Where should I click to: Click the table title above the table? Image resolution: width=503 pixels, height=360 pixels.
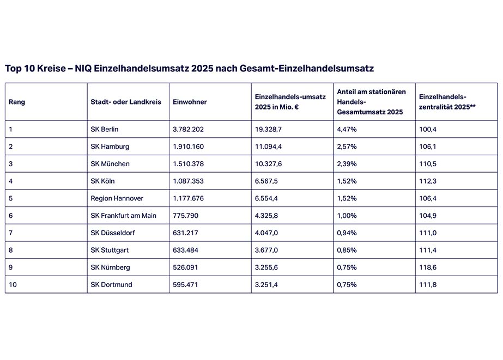point(189,69)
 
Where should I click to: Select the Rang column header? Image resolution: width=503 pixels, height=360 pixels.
point(17,102)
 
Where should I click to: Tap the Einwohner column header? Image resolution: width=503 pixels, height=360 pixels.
point(190,102)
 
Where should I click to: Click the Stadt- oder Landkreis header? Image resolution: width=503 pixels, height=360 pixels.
point(126,102)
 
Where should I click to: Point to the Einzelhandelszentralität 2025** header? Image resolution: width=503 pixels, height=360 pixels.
point(447,102)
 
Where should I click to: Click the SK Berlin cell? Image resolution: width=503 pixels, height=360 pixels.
point(105,129)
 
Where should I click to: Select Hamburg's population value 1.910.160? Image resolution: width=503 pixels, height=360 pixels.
point(189,147)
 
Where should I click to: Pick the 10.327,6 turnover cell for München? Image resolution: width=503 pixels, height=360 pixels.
point(270,164)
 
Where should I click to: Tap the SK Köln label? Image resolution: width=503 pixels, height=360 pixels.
point(102,181)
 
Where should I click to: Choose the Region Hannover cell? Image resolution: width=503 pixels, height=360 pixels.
point(117,198)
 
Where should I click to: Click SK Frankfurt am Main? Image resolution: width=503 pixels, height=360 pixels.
point(123,216)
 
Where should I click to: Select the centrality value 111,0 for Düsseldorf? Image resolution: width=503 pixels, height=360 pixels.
point(428,233)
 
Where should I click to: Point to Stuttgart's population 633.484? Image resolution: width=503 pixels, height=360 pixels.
point(185,250)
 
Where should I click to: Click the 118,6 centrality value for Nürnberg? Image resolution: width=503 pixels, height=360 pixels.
point(428,267)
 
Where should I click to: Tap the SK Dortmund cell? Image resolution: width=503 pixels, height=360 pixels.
point(111,284)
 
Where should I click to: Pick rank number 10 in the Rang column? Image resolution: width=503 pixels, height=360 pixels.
point(13,284)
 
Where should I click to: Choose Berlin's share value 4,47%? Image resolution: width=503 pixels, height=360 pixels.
point(348,129)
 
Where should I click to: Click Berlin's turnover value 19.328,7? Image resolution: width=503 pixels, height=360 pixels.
point(270,129)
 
